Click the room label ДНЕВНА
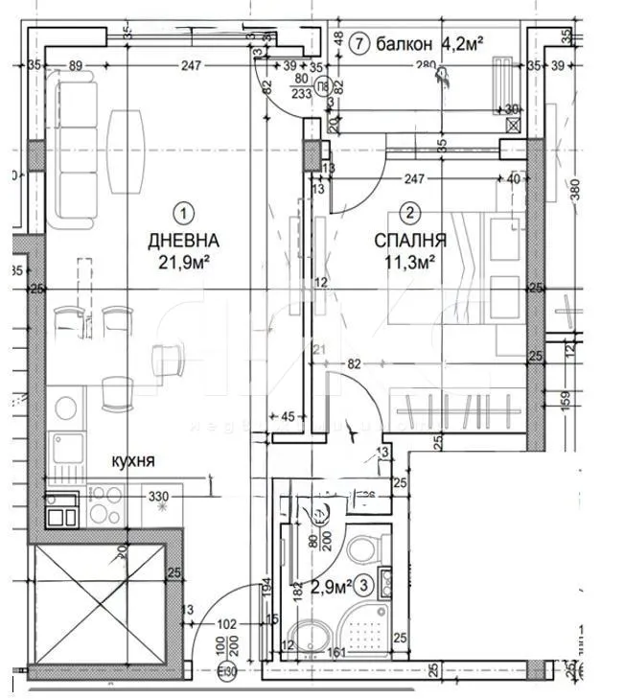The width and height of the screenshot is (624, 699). [183, 241]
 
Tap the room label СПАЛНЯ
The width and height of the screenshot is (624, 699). [408, 241]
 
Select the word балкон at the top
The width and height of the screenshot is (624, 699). [406, 43]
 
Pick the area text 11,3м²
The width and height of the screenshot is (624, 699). [409, 260]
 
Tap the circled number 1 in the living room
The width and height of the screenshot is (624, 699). [183, 213]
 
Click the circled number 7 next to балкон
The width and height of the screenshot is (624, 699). [358, 43]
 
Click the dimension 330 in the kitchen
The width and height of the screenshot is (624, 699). [157, 497]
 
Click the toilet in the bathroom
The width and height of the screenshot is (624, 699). [362, 549]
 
